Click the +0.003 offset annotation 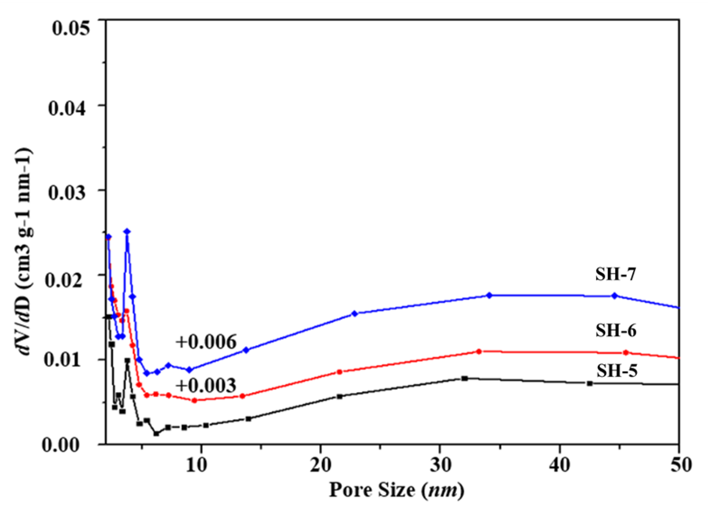pyautogui.click(x=206, y=386)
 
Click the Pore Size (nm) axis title pyautogui.click(x=396, y=490)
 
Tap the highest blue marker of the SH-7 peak pyautogui.click(x=127, y=231)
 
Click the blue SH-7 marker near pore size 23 pyautogui.click(x=354, y=314)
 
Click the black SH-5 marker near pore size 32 pyautogui.click(x=465, y=378)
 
